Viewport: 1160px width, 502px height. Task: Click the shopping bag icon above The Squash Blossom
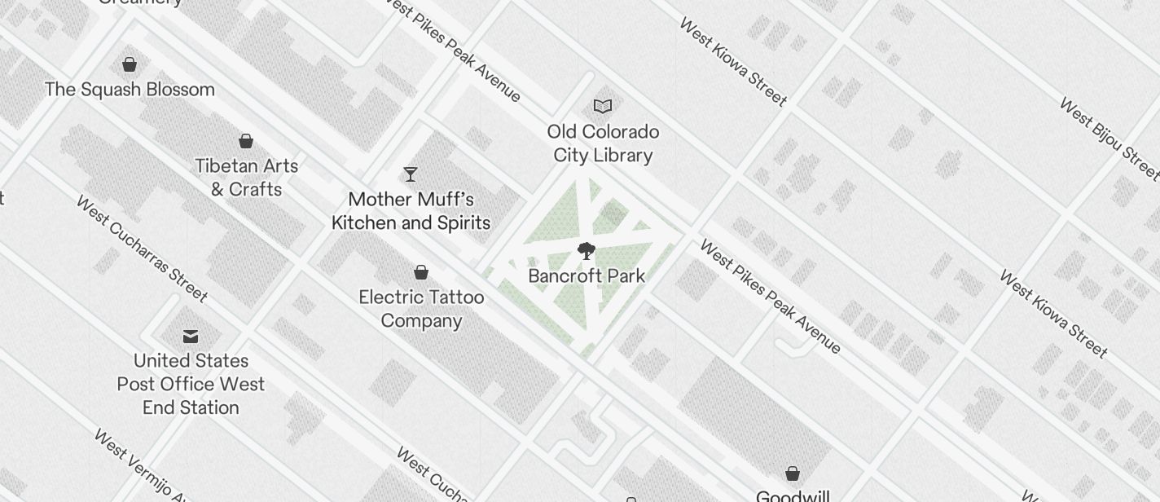(130, 64)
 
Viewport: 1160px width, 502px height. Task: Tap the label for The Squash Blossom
(130, 90)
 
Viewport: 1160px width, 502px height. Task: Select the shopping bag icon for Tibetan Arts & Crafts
(245, 142)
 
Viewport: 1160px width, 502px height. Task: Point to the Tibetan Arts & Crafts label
(246, 178)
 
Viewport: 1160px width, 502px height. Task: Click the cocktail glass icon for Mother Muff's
(411, 174)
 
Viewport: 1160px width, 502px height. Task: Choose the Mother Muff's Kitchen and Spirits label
(411, 211)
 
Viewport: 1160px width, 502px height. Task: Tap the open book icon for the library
(603, 106)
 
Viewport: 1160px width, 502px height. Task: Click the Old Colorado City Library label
(603, 143)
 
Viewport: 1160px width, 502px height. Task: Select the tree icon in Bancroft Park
(586, 250)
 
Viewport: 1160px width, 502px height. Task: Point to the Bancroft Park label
(587, 276)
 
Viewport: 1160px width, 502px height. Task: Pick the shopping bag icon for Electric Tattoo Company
(421, 272)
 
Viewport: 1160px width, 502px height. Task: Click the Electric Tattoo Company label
(421, 309)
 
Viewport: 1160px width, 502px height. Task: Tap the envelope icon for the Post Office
(191, 336)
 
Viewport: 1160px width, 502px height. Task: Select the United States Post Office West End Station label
(191, 384)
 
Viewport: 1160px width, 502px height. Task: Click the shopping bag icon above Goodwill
(792, 473)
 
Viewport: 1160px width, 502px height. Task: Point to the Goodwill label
(793, 495)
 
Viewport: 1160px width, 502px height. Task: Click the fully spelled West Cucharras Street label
(143, 249)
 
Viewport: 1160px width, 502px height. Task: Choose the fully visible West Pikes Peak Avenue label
(770, 297)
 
